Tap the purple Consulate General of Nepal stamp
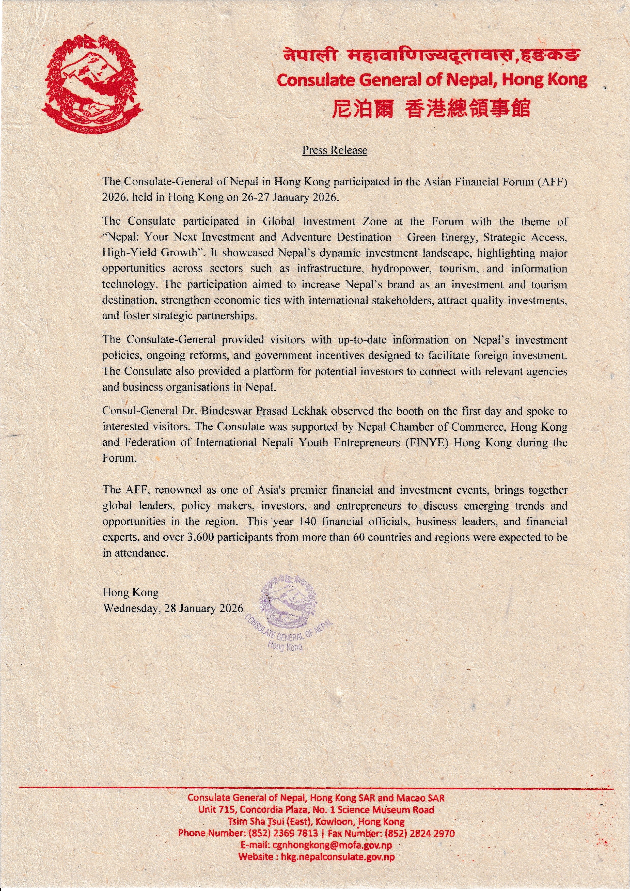[x=289, y=612]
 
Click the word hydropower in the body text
[x=402, y=269]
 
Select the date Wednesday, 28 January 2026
[x=173, y=608]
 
